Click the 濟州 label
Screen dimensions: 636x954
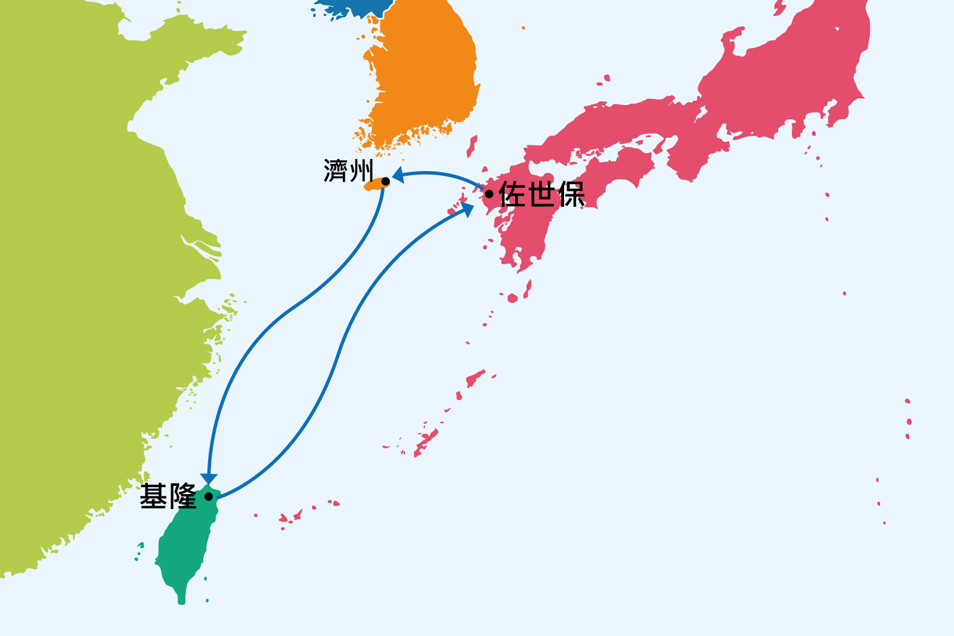coord(348,171)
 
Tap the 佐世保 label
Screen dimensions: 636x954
coord(541,194)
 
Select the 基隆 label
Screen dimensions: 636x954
coord(168,497)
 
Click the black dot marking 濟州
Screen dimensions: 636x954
coord(386,181)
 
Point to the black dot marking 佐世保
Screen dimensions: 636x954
coord(489,194)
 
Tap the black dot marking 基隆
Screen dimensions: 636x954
coord(209,497)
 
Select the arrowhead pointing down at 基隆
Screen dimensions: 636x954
coord(209,479)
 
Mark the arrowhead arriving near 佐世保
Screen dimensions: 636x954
coord(467,208)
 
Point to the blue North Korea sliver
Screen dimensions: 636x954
coord(352,7)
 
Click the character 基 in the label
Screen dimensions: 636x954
coord(154,497)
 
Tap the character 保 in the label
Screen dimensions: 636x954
coord(571,194)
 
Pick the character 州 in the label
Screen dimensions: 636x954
coord(361,171)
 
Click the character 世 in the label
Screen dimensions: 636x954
coord(541,194)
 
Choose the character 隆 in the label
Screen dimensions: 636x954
coord(182,497)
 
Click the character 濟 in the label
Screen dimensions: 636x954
coord(335,171)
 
